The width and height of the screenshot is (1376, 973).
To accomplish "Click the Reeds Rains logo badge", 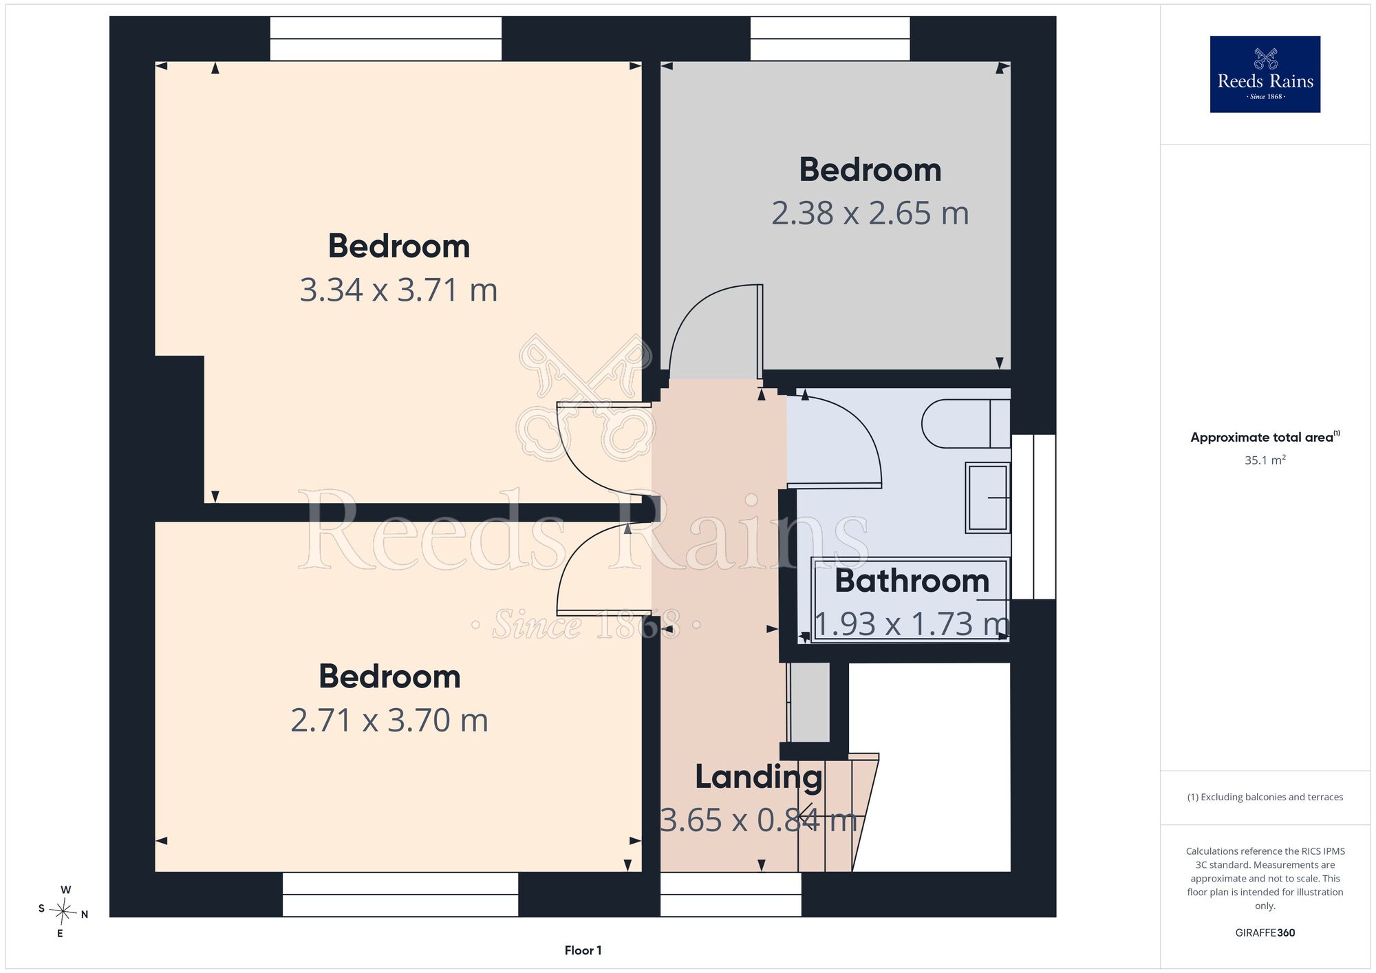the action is point(1265,74).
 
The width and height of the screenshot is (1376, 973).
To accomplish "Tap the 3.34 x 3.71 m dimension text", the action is point(398,290).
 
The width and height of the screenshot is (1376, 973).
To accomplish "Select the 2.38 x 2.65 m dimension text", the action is point(870,213).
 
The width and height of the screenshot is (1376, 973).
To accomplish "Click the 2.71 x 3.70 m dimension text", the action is point(389,720).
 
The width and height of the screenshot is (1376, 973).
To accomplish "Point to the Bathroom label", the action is point(912,581).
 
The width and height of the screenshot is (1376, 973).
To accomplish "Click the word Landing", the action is point(758,778).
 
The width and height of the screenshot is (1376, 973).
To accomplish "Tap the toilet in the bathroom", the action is point(966,423).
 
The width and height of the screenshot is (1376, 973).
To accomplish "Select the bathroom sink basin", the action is point(988,498).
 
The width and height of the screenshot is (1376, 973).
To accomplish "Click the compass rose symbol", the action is point(63,912).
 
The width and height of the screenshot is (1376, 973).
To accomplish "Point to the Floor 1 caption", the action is point(583,950).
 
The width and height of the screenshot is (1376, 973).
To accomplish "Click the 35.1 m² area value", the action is point(1265,460).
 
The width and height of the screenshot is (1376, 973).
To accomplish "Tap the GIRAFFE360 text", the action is point(1265,933).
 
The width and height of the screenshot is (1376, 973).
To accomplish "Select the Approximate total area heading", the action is point(1265,437).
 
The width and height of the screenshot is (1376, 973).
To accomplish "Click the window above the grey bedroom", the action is point(830,39).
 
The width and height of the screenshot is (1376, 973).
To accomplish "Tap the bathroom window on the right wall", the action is point(1033,516).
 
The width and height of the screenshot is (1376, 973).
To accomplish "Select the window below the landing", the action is point(731,895).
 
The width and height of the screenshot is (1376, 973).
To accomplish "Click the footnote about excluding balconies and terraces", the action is point(1265,797).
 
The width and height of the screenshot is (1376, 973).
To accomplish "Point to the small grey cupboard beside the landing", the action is point(809,702).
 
